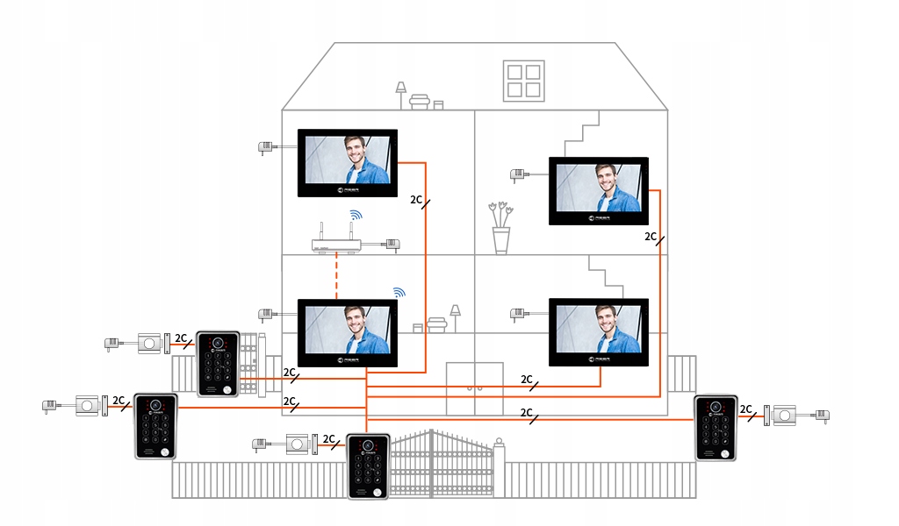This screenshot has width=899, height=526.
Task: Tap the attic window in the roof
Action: point(523,79)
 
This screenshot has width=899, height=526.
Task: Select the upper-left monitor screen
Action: point(348,163)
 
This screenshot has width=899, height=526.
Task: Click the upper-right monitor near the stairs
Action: point(599,190)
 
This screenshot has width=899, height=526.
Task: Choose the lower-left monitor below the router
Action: point(348,332)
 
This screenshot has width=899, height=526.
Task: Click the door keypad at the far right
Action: point(718,427)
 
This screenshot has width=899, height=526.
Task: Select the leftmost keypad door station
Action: point(155,426)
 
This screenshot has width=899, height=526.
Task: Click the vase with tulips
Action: point(501,230)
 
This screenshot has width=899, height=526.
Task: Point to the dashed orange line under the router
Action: point(337,276)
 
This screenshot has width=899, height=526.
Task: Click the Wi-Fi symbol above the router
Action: point(355,215)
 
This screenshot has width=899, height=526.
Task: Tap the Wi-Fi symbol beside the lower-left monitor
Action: point(399,292)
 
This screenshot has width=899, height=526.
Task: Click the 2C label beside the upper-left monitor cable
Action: point(418,201)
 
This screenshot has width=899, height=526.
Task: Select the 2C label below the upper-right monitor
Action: point(652,237)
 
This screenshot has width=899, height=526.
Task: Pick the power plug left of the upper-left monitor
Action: point(265,147)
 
